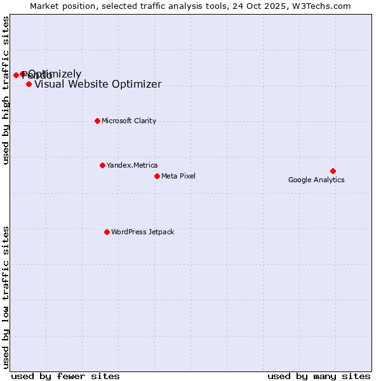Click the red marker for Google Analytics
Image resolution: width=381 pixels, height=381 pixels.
tap(333, 171)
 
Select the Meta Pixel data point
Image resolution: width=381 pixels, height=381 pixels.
tap(157, 176)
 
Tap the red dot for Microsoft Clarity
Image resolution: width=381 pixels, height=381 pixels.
tap(97, 121)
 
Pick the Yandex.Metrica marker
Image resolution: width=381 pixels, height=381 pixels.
tap(102, 165)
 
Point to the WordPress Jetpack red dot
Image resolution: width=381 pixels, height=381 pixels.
tap(107, 232)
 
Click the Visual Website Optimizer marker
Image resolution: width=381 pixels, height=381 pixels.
tap(29, 84)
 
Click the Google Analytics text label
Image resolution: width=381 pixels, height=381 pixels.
tap(316, 180)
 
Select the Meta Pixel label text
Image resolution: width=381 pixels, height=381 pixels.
tap(178, 176)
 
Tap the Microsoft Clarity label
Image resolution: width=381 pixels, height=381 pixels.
tap(129, 121)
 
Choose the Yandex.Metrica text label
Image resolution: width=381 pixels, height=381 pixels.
tap(132, 165)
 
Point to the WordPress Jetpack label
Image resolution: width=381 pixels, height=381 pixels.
tap(142, 232)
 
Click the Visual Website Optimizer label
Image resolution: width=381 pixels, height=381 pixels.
tap(98, 84)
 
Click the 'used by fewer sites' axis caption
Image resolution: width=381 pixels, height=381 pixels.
tap(65, 376)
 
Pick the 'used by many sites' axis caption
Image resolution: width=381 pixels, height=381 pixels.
tap(319, 376)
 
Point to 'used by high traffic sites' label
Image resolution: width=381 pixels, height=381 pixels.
tap(6, 90)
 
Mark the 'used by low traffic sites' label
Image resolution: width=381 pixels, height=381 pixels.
tap(6, 297)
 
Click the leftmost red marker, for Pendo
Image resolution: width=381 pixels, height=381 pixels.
tap(16, 75)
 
